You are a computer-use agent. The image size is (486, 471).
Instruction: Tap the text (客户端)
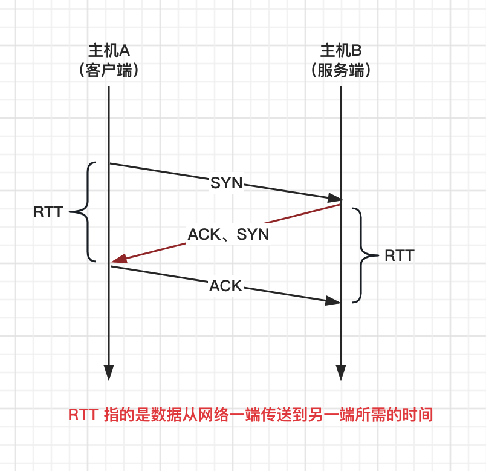[109, 70]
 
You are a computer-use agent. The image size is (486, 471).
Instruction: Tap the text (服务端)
[341, 70]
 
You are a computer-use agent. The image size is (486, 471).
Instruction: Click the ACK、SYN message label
[228, 234]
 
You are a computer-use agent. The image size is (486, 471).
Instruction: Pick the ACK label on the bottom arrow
[225, 286]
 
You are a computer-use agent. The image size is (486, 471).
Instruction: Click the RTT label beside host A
[48, 212]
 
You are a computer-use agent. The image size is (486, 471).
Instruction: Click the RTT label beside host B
[399, 255]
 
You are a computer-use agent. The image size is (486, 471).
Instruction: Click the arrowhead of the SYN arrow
[334, 198]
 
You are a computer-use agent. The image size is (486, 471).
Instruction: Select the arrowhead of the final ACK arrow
[334, 300]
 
